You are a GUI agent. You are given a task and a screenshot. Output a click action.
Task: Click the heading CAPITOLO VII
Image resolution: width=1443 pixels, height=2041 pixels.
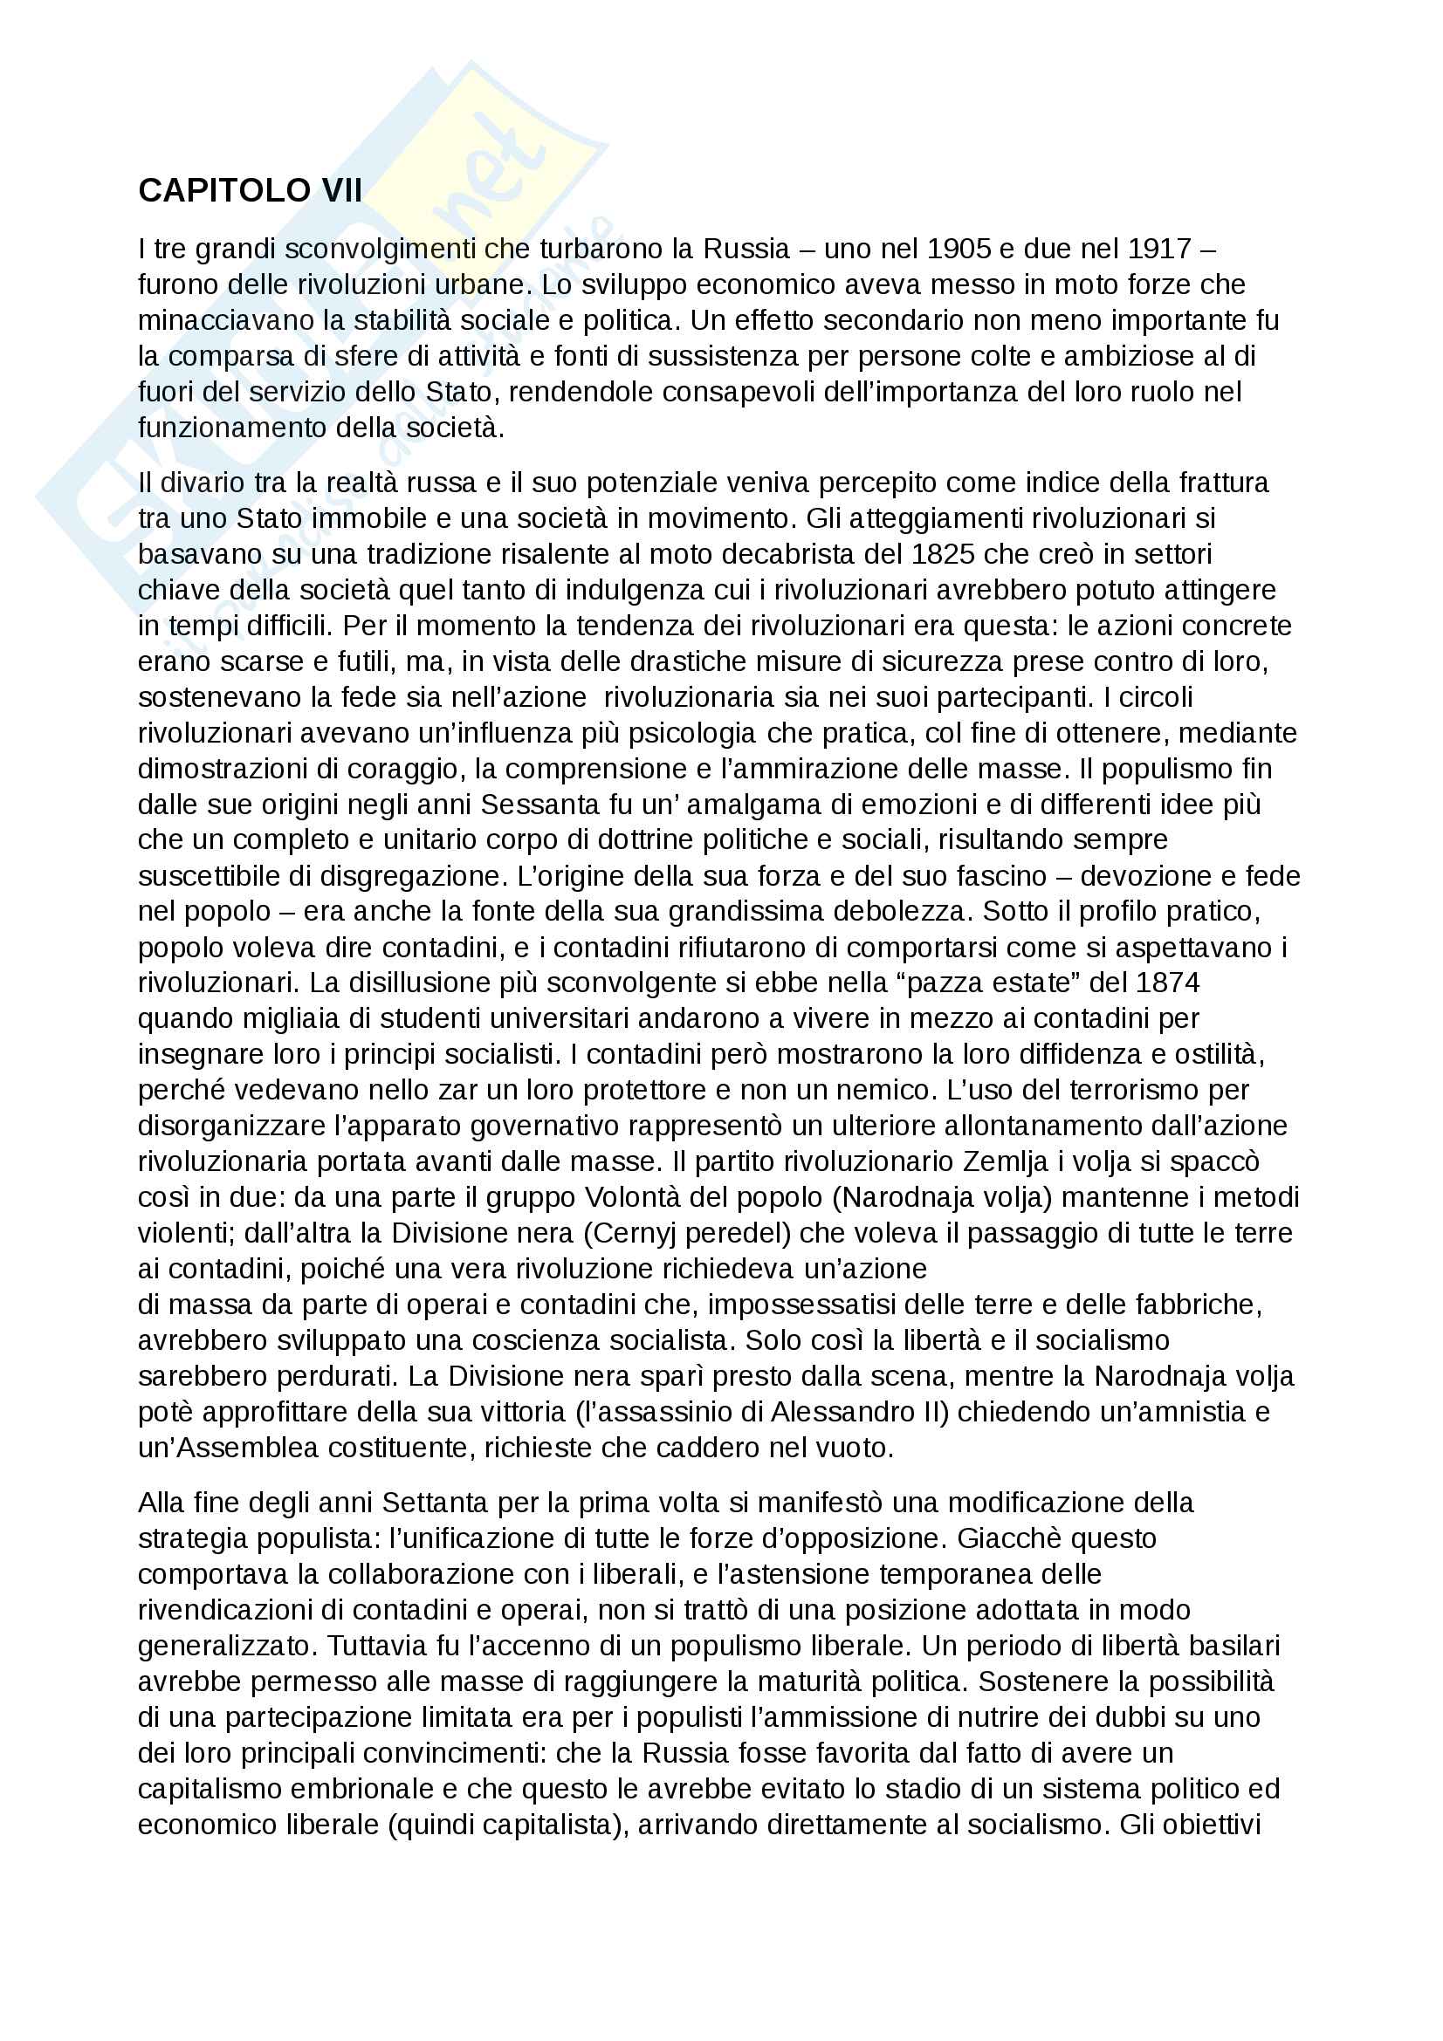click(250, 191)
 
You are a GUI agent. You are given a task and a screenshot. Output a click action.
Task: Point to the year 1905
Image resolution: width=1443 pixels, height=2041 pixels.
click(959, 249)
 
